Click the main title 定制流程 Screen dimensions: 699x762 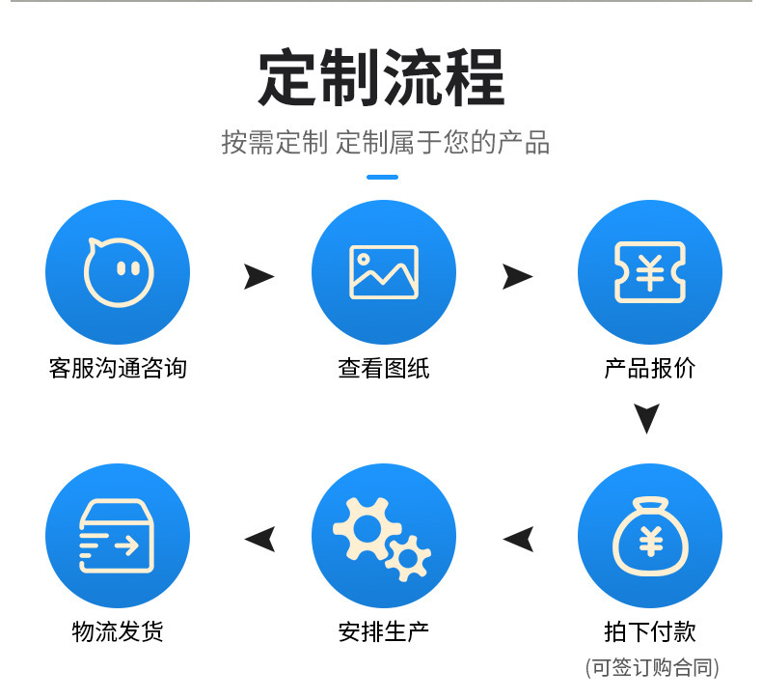click(381, 78)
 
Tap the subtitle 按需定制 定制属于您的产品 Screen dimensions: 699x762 click(386, 143)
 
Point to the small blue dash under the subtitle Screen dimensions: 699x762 click(383, 177)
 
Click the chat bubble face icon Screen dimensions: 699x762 click(118, 271)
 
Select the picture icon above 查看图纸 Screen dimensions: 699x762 click(384, 271)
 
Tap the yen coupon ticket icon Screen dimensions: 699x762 click(649, 271)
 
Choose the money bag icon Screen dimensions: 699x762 click(649, 537)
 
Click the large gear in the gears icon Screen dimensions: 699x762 click(365, 526)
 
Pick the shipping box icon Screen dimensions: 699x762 click(118, 537)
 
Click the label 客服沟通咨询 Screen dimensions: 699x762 click(118, 368)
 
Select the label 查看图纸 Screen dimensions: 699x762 click(384, 368)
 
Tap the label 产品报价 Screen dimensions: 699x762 click(649, 368)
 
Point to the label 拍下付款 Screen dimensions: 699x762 click(649, 632)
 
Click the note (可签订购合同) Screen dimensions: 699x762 click(652, 667)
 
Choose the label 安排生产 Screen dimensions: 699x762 click(384, 632)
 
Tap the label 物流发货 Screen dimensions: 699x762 click(118, 632)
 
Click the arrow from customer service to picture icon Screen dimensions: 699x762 click(259, 277)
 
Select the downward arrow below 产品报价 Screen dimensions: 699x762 click(647, 418)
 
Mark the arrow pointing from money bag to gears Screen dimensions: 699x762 click(519, 539)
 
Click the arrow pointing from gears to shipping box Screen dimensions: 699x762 click(260, 539)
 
